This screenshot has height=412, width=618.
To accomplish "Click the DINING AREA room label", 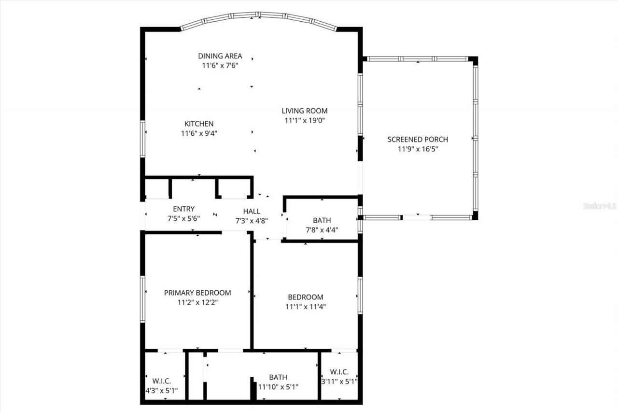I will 220,56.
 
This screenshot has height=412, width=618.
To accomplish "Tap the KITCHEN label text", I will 199,124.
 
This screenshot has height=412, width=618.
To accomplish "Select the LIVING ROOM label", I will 305,111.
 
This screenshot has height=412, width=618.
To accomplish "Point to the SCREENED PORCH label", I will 418,140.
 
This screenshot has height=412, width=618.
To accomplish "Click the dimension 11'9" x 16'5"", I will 418,149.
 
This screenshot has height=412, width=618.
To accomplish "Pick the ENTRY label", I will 183,209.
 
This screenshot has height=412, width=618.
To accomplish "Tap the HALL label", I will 252,211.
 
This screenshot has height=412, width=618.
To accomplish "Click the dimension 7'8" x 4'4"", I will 322,230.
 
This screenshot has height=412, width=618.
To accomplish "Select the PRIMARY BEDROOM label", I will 197,293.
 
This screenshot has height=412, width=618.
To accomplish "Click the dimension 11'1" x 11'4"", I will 306,306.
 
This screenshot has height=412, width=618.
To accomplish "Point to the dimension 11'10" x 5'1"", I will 278,387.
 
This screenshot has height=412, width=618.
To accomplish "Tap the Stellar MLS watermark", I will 600,206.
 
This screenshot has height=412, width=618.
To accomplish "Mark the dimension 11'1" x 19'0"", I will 305,120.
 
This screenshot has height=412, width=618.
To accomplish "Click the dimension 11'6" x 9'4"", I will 199,133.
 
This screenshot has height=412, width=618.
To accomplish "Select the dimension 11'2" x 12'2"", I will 197,302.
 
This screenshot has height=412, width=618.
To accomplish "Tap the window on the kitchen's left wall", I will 142,139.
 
